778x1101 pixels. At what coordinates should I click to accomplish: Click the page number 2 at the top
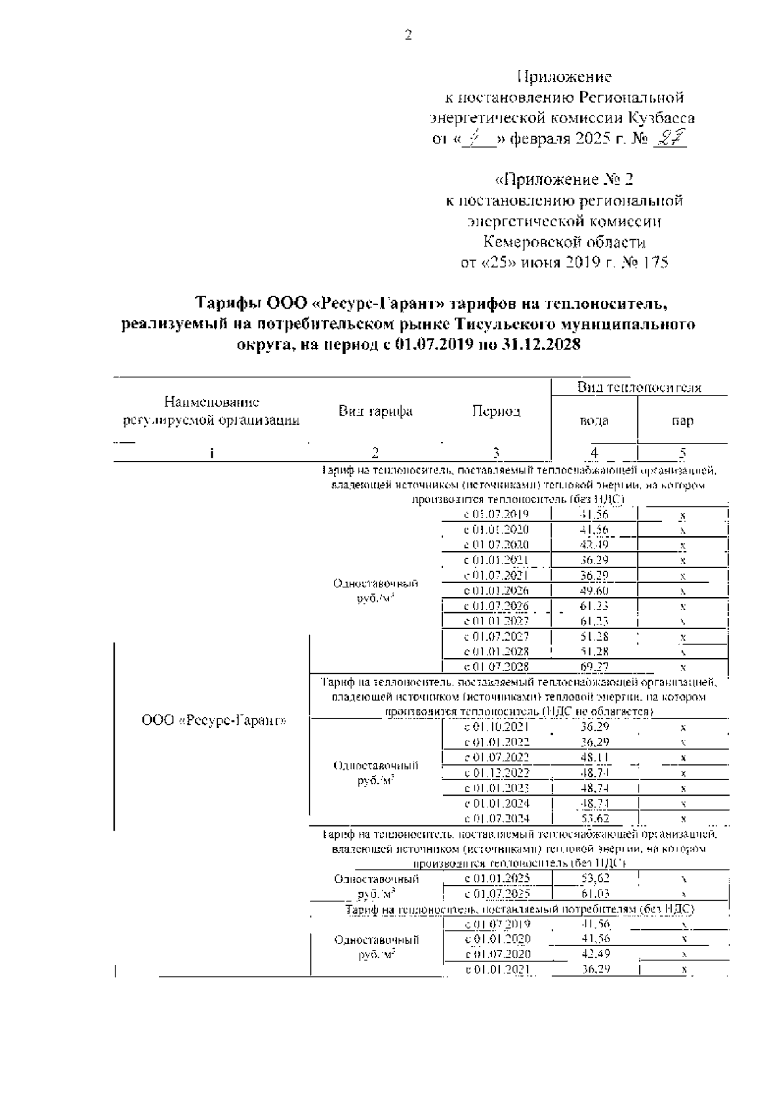(408, 36)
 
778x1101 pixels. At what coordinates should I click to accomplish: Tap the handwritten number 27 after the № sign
(668, 139)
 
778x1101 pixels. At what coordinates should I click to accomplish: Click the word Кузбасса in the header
(661, 118)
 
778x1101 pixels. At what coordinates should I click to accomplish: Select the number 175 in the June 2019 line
(654, 263)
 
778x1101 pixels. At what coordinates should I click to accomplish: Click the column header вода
(594, 420)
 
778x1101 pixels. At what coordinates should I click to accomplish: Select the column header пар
(683, 420)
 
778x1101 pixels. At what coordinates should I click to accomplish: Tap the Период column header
(496, 412)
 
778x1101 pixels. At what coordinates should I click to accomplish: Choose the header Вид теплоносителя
(639, 388)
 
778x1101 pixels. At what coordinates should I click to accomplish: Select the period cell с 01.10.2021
(497, 727)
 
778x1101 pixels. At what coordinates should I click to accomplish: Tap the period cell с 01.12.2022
(497, 773)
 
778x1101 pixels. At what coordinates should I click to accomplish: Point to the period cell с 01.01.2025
(497, 879)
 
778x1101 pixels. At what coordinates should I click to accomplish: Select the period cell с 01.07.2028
(497, 667)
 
